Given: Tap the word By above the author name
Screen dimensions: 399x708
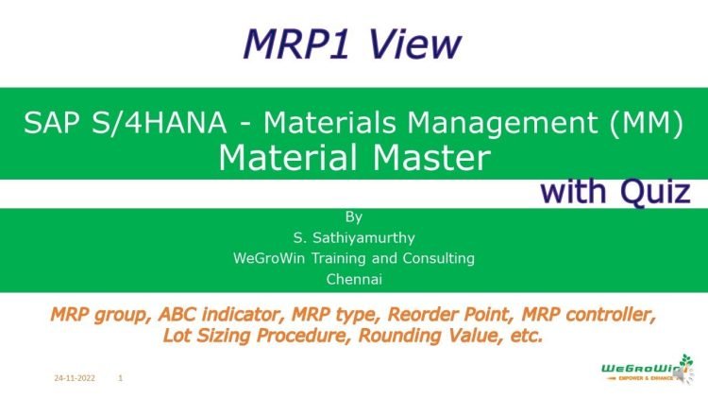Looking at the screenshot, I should point(354,216).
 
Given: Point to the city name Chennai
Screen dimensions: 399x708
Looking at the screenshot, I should point(354,279).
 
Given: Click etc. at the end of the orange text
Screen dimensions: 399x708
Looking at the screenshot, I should point(525,334).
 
